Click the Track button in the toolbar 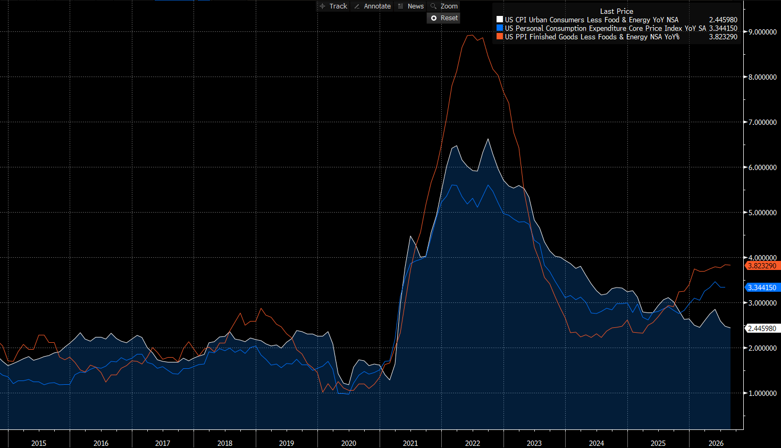(334, 6)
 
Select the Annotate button (372, 6)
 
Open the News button (411, 6)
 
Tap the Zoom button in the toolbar (444, 6)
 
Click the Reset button (444, 18)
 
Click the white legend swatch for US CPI (500, 20)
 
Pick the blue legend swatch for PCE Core (500, 28)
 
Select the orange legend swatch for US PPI (500, 37)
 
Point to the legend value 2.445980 (723, 20)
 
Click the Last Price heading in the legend (616, 11)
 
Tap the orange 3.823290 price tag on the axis (762, 266)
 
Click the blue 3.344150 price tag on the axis (762, 288)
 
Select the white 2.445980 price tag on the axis (762, 328)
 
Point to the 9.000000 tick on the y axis (762, 32)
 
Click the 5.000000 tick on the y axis (762, 213)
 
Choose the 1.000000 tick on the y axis (762, 393)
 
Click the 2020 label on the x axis (349, 443)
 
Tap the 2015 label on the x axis (39, 443)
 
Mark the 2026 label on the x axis (716, 443)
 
